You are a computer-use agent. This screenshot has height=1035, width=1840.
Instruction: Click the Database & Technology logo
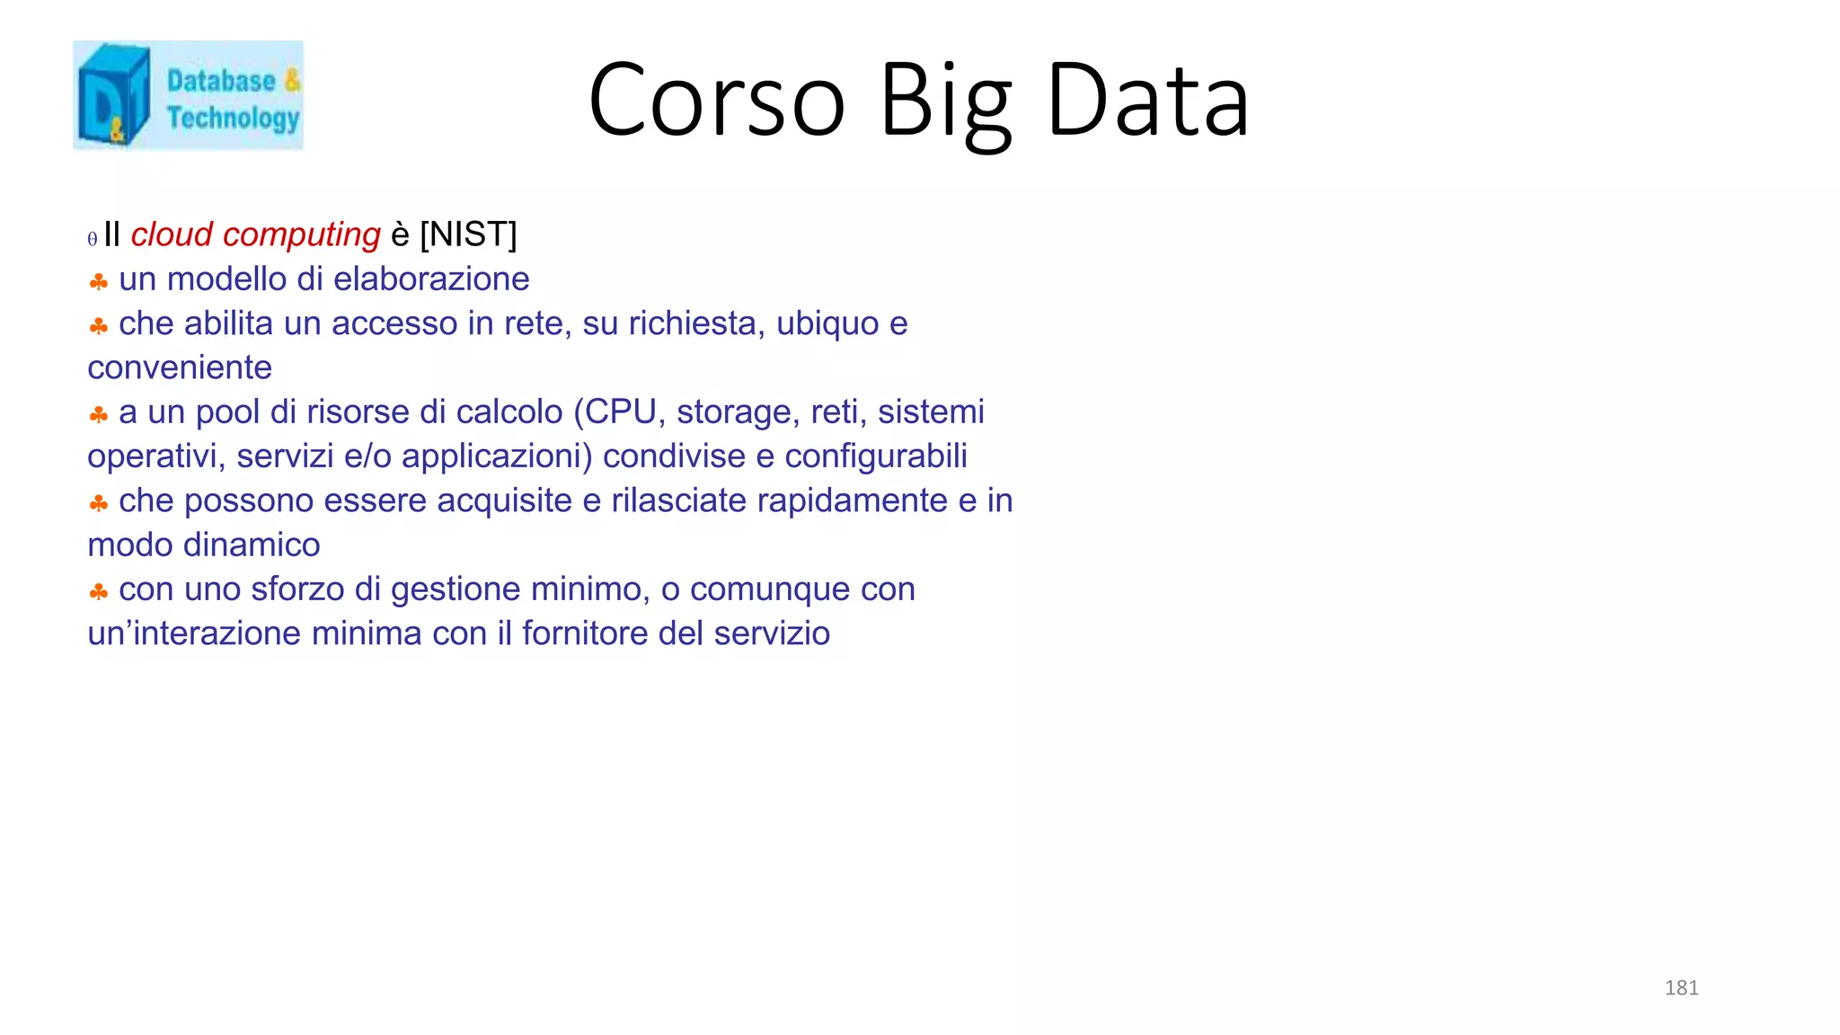point(188,95)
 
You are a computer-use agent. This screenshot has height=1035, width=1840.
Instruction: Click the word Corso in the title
point(716,100)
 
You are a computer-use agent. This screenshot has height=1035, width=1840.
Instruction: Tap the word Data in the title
point(1147,100)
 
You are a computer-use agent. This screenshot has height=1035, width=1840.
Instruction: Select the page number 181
point(1681,987)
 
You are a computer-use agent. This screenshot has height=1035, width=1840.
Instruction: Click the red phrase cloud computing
point(255,234)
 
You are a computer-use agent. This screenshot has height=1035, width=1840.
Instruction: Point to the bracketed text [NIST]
point(468,234)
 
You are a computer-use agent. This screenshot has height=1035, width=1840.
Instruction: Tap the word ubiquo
point(827,323)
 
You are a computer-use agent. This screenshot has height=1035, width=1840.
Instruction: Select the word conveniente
point(180,367)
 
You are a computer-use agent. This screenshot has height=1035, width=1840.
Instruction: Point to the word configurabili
point(876,456)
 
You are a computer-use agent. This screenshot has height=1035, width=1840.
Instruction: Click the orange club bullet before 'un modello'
point(99,282)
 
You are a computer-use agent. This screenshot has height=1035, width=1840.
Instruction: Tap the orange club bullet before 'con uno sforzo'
point(99,592)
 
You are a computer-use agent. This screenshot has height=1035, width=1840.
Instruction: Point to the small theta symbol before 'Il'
point(92,239)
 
